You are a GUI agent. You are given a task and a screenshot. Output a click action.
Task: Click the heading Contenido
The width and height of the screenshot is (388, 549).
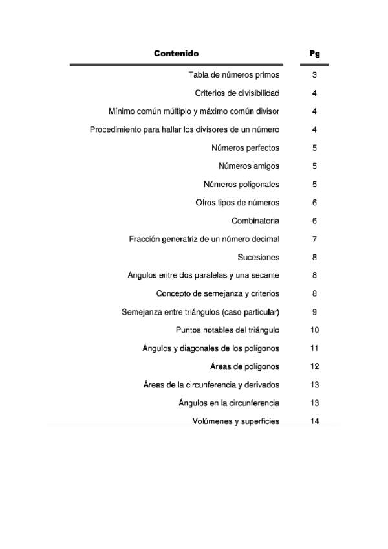176,54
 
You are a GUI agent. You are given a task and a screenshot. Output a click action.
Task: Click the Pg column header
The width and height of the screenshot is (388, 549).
315,54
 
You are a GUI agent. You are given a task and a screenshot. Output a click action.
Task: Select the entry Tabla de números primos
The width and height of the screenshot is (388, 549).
233,75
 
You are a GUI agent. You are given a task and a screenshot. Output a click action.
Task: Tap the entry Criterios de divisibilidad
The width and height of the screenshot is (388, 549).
237,93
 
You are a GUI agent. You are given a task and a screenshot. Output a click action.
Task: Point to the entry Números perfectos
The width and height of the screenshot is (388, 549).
245,148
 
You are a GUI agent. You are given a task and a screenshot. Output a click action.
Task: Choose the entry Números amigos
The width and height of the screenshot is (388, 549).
249,166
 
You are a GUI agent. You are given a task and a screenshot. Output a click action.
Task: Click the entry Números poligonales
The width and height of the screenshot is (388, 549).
241,185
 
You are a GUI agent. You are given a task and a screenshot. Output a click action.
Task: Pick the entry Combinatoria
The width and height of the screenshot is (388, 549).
255,221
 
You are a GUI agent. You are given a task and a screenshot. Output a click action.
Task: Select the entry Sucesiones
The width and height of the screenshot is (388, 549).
258,257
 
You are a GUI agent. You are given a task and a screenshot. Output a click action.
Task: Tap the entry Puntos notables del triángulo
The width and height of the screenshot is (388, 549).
227,330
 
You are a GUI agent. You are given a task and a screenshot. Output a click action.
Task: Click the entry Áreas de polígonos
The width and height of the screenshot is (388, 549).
244,366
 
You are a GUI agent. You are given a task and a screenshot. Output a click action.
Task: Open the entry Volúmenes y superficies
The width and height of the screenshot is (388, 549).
235,421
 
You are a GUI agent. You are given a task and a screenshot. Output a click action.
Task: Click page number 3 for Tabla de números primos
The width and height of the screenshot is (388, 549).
314,75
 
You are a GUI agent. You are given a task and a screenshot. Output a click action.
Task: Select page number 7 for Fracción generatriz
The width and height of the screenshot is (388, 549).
314,239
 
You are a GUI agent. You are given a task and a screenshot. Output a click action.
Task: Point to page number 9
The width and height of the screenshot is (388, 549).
314,312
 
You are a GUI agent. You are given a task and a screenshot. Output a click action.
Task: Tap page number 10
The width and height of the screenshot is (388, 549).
315,330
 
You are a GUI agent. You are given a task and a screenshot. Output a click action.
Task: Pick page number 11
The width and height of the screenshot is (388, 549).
315,348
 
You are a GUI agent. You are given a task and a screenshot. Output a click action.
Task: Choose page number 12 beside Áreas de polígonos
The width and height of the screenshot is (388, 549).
315,366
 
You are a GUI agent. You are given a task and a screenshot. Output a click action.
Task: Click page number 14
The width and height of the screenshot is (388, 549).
315,421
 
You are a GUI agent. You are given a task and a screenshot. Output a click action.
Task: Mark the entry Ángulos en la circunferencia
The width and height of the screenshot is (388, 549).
229,403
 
